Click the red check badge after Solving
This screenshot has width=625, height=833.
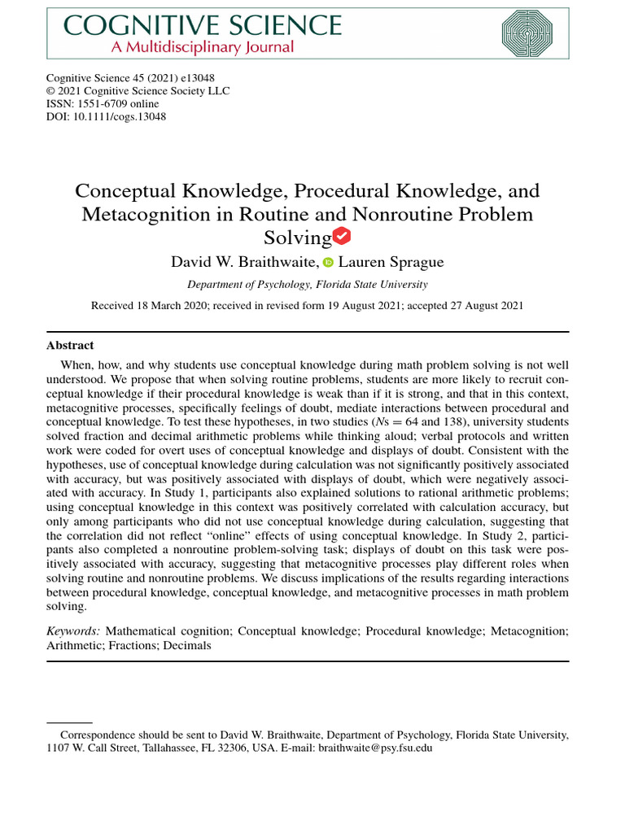click(x=343, y=237)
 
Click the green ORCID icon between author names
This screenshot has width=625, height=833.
click(x=329, y=263)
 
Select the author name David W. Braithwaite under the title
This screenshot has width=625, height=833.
click(x=243, y=262)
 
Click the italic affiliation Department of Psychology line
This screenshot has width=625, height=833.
click(x=307, y=284)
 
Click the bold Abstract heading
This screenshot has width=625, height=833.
click(x=70, y=345)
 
